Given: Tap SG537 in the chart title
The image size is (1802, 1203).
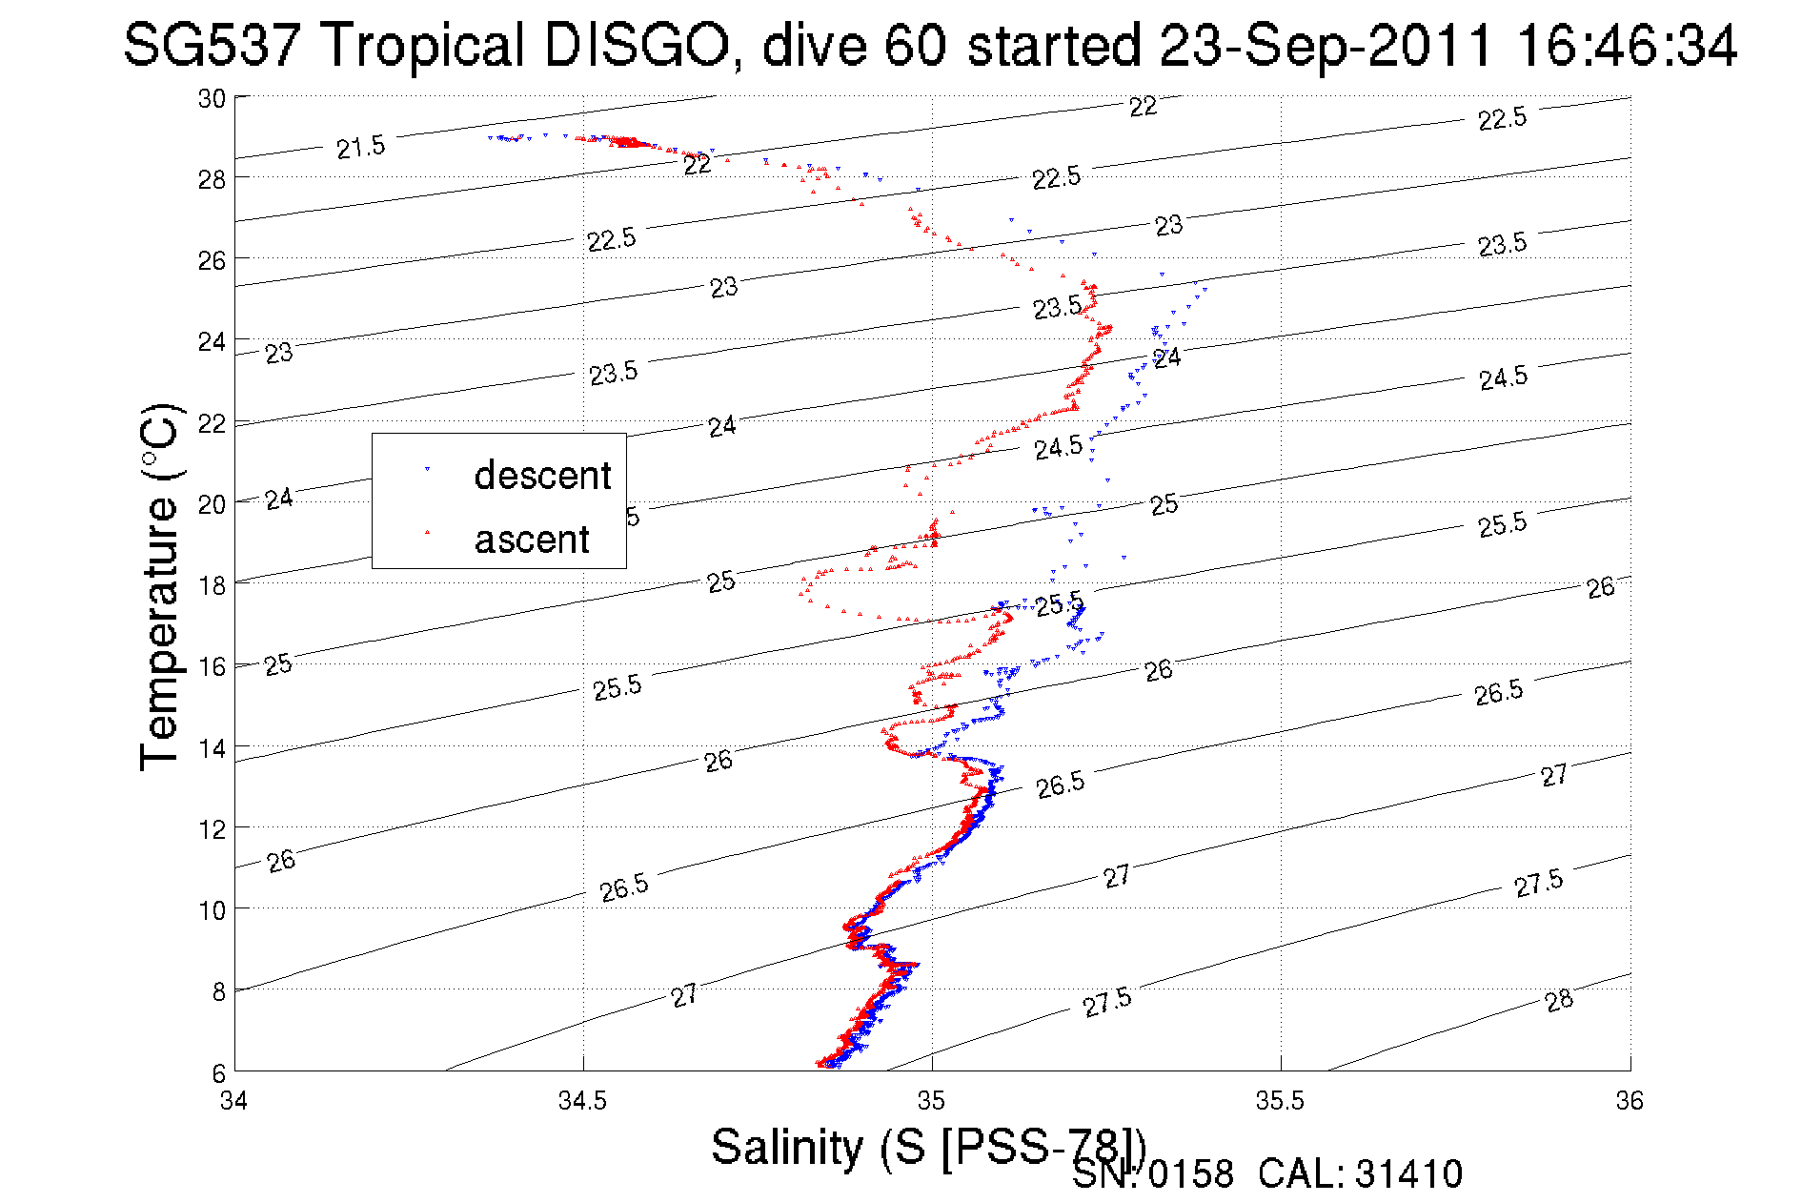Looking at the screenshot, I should [213, 46].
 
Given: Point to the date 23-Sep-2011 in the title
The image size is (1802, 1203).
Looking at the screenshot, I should [1326, 46].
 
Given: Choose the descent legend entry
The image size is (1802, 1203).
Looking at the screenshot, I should [541, 475].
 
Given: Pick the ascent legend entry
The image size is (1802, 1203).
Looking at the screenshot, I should [532, 540].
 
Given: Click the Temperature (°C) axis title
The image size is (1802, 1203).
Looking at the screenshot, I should [159, 586].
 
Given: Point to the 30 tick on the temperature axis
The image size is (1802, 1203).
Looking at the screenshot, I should [212, 98].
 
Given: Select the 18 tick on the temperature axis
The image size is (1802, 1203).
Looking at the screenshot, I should [212, 585].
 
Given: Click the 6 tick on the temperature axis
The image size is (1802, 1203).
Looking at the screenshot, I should [218, 1072].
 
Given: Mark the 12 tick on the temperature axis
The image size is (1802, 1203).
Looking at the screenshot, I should [212, 829].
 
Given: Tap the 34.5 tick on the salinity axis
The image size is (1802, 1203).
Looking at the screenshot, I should [582, 1101].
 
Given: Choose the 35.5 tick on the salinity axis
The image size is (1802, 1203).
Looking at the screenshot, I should [1280, 1101].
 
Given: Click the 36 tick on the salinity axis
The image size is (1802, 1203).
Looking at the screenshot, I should [1629, 1101].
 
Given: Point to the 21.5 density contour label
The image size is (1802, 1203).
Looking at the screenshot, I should [361, 147].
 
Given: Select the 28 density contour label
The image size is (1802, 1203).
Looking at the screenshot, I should [1559, 1000].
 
